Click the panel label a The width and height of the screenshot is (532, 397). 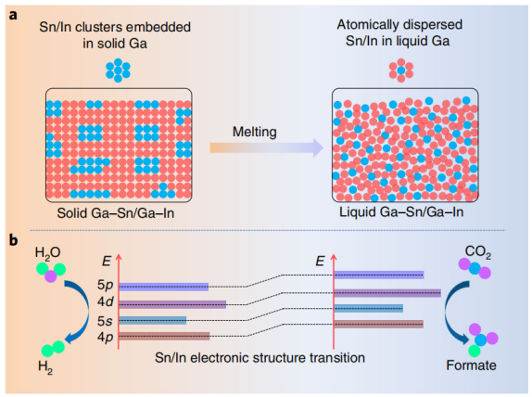13,15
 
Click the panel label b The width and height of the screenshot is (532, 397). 14,239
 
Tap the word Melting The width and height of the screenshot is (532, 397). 255,132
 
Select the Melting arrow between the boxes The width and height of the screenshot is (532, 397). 267,147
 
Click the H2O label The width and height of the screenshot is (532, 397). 48,253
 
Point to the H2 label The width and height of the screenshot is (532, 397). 45,367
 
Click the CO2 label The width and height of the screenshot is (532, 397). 478,252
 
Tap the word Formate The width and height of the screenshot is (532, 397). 471,365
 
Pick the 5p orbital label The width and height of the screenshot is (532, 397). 105,285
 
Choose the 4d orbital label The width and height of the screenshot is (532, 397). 105,301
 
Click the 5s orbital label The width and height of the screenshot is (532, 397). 105,321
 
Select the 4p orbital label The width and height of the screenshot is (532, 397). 105,338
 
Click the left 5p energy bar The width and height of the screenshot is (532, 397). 164,287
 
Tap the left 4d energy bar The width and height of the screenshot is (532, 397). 172,304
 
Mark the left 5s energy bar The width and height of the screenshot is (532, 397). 153,320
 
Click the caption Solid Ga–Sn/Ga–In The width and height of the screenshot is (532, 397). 115,213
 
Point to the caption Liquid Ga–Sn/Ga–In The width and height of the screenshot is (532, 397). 401,211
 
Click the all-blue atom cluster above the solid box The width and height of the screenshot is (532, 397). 118,70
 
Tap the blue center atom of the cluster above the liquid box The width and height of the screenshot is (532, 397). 401,70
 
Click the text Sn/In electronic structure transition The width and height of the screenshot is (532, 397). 260,358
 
